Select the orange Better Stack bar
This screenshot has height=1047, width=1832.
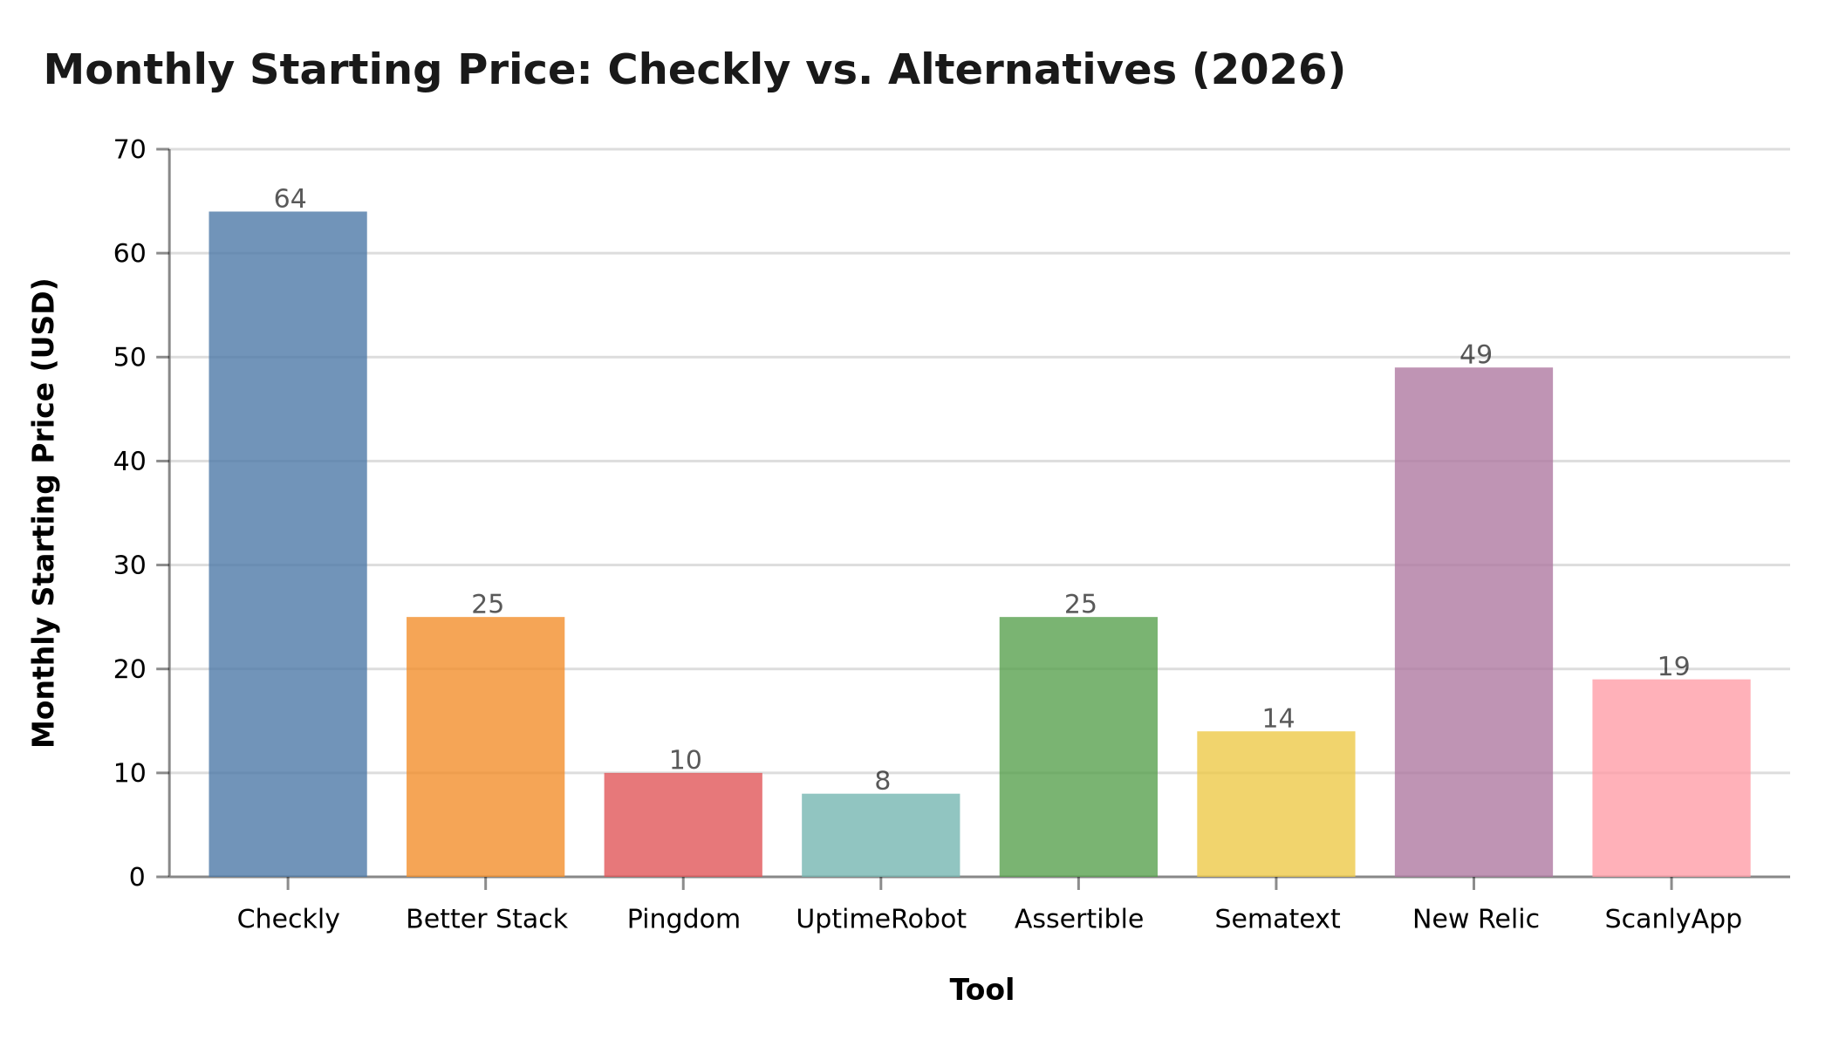[x=485, y=747]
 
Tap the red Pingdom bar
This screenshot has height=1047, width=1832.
[x=683, y=825]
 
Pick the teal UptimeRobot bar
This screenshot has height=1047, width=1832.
[x=880, y=835]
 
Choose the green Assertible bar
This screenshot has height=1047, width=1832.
[x=1078, y=747]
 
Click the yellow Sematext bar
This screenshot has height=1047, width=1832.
[x=1275, y=804]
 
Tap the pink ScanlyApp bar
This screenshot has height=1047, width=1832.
[x=1671, y=777]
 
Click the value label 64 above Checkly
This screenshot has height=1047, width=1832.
[x=290, y=199]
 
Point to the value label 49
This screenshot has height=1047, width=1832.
[x=1475, y=355]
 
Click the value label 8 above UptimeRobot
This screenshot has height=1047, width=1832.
[x=882, y=781]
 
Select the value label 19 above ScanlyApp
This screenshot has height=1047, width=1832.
[x=1673, y=667]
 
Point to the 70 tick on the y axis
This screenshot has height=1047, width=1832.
[x=130, y=150]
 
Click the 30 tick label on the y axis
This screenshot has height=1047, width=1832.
[x=130, y=565]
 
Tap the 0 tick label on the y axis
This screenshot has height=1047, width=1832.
[x=137, y=877]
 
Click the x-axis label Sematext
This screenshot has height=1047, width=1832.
[x=1276, y=919]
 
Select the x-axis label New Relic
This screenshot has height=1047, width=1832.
[x=1475, y=919]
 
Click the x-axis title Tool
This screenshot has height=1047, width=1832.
[x=981, y=990]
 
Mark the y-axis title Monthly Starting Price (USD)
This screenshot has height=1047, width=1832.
[x=44, y=512]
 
